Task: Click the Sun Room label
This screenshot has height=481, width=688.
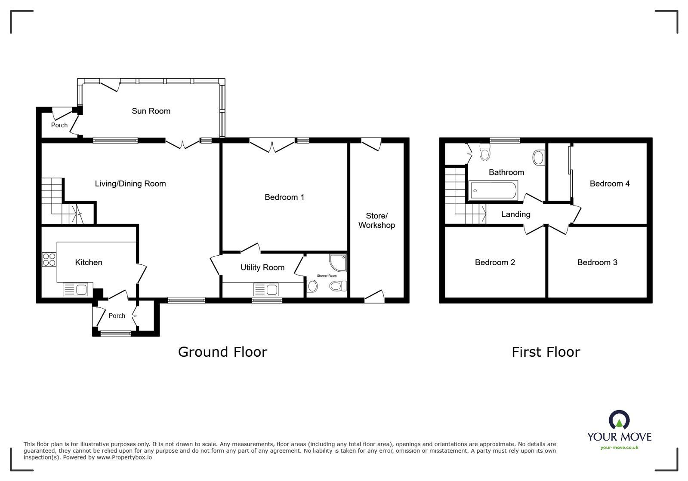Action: (x=151, y=111)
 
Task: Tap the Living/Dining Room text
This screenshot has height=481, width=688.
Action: (x=130, y=184)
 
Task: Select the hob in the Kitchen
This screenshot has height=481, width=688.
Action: (x=49, y=260)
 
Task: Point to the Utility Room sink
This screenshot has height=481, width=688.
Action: (x=265, y=289)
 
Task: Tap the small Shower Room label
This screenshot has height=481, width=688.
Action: (x=327, y=276)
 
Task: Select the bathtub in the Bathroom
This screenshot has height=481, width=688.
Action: (x=494, y=190)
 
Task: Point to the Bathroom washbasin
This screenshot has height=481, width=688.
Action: (x=538, y=158)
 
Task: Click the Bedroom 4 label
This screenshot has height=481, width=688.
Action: (x=609, y=184)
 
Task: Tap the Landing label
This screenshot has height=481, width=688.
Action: (x=515, y=214)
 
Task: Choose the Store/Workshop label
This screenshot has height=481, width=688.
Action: (x=376, y=220)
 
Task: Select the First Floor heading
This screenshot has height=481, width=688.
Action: (x=546, y=352)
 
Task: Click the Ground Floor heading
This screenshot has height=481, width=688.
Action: (x=222, y=352)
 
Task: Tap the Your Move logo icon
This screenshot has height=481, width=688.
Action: (x=619, y=420)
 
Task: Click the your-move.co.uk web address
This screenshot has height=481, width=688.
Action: (x=619, y=447)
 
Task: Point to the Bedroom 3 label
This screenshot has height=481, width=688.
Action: (x=597, y=262)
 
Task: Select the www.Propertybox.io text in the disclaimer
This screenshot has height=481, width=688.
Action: (x=124, y=457)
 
